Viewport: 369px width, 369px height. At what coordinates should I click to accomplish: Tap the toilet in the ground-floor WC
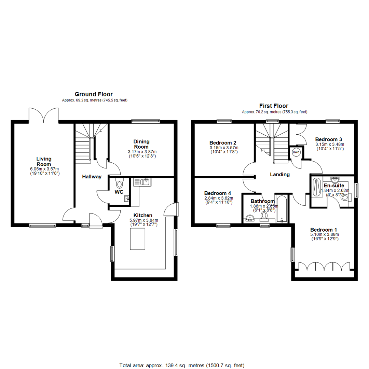tap(119, 183)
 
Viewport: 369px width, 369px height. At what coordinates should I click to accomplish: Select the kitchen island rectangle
tap(137, 239)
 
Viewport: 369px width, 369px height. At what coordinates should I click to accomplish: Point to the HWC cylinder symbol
tap(296, 152)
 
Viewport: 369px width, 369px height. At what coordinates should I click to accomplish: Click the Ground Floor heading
tap(94, 94)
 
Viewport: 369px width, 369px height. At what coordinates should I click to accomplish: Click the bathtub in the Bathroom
tap(282, 208)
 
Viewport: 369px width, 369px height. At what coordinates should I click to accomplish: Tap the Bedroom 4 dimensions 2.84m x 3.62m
tap(219, 198)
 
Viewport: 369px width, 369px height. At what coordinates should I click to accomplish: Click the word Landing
tap(280, 175)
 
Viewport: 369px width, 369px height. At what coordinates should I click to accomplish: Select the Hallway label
tap(92, 177)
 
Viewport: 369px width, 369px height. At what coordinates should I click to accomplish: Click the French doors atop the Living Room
tap(44, 115)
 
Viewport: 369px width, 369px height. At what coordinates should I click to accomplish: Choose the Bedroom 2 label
tap(223, 143)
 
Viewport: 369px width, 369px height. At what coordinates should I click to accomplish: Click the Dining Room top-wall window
tap(146, 121)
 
